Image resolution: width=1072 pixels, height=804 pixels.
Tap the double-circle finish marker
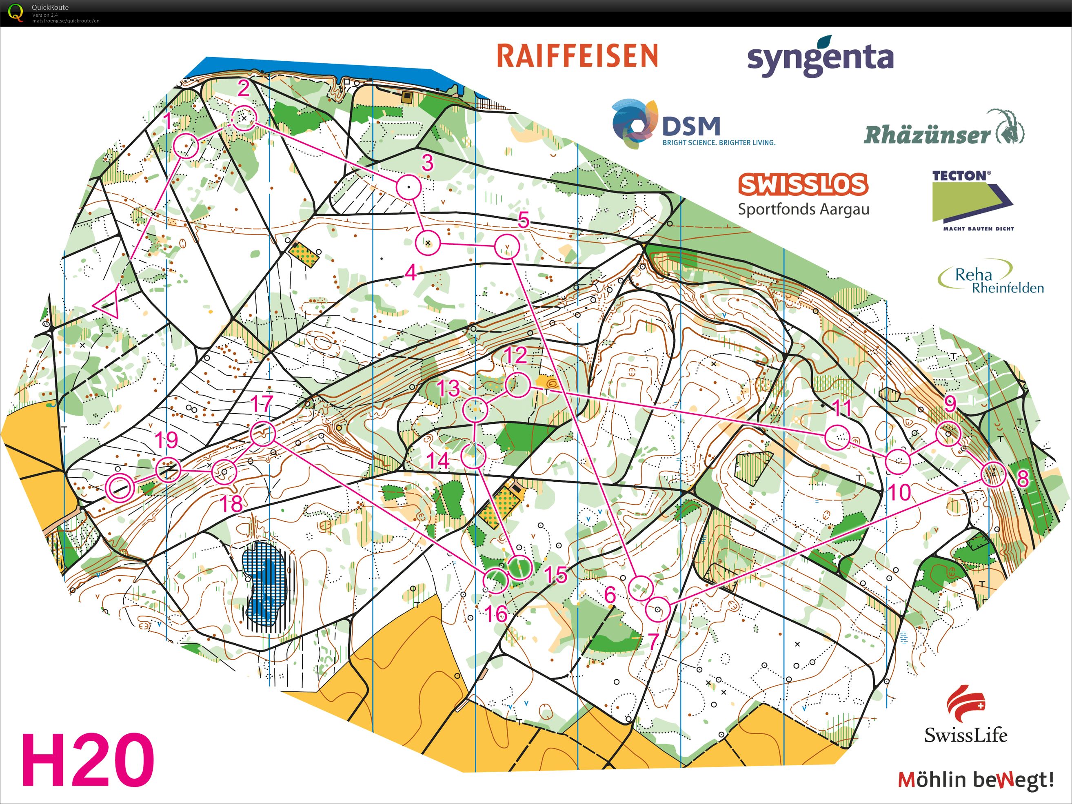119,487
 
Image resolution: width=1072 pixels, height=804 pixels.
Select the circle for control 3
408,187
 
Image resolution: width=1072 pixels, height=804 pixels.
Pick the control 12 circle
517,385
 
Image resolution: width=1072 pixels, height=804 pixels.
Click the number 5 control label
524,220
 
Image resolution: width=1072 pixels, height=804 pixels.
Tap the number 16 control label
496,614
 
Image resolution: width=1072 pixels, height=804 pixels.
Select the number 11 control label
842,408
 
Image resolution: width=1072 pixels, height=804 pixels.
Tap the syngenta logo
820,58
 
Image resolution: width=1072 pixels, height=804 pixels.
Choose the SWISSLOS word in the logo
803,184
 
